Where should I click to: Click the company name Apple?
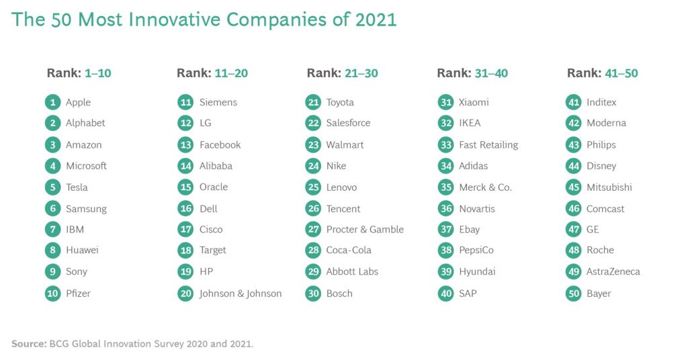pyautogui.click(x=78, y=103)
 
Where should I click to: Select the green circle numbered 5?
pyautogui.click(x=52, y=187)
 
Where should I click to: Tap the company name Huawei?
pyautogui.click(x=82, y=250)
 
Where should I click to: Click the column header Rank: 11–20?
pyautogui.click(x=212, y=73)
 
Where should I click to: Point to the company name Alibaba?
pyautogui.click(x=216, y=166)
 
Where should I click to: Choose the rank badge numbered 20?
pyautogui.click(x=185, y=294)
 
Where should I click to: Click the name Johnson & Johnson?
pyautogui.click(x=241, y=294)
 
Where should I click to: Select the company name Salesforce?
pyautogui.click(x=348, y=123)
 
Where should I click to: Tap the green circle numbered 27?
pyautogui.click(x=313, y=229)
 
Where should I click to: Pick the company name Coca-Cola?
pyautogui.click(x=349, y=250)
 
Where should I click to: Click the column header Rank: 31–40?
pyautogui.click(x=472, y=73)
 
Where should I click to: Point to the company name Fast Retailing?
pyautogui.click(x=488, y=145)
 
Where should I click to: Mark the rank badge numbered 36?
pyautogui.click(x=446, y=208)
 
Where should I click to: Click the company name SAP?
pyautogui.click(x=468, y=294)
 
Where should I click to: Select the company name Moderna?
pyautogui.click(x=607, y=123)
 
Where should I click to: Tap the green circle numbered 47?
pyautogui.click(x=574, y=229)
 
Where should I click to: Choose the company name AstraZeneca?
pyautogui.click(x=613, y=271)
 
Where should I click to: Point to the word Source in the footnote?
pyautogui.click(x=28, y=344)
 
